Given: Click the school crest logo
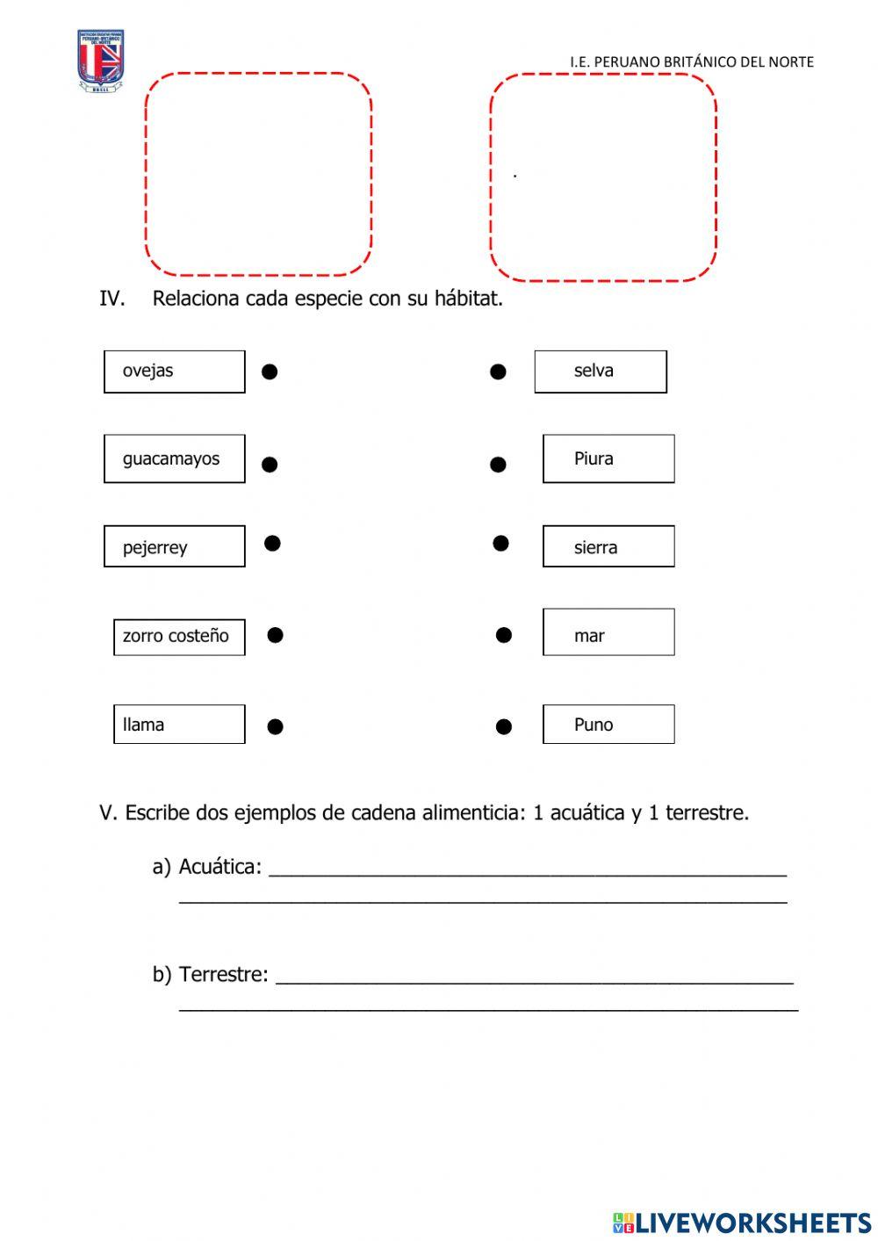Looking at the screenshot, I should [x=100, y=61].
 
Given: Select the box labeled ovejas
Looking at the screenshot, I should [x=174, y=372].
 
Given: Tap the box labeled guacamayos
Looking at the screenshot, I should [x=174, y=458].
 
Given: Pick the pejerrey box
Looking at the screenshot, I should [x=174, y=546].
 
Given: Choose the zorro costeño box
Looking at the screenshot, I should [x=179, y=637].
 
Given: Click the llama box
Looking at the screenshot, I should [x=179, y=725].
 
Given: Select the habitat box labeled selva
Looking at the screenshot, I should [x=601, y=372].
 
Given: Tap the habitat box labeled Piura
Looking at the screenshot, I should [x=608, y=458].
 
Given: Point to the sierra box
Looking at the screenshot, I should [x=608, y=546].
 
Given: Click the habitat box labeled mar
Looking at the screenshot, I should [x=608, y=632].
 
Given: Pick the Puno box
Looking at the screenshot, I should [x=608, y=725].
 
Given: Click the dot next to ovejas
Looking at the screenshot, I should [x=270, y=372].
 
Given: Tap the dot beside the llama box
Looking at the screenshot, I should [x=275, y=726].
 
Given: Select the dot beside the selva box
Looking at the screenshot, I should [x=498, y=372].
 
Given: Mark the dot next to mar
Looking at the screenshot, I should [x=504, y=635].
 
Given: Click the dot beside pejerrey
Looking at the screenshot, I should [x=272, y=544].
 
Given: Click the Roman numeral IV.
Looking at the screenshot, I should [x=112, y=299].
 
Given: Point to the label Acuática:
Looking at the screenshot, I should [x=219, y=867].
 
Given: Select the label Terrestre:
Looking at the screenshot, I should [x=223, y=974].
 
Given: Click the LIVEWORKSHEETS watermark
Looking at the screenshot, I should [x=742, y=1223].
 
